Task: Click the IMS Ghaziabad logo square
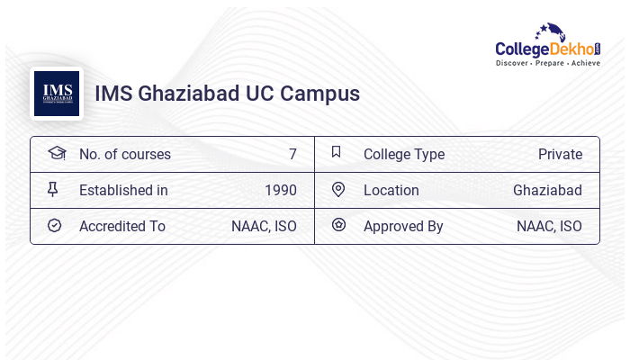click(57, 94)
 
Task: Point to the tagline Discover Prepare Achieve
click(547, 64)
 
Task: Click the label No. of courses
click(124, 154)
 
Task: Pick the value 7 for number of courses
click(292, 154)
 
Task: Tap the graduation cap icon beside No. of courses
click(56, 153)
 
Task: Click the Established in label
click(123, 190)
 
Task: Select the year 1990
click(280, 190)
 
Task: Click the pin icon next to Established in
click(53, 189)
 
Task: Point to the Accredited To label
click(121, 226)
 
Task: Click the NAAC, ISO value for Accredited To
click(264, 226)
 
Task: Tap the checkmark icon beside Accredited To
click(54, 225)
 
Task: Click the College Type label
click(403, 154)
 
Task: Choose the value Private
click(560, 154)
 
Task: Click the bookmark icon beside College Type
click(336, 152)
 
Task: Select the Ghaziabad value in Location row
click(547, 190)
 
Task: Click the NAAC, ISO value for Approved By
click(549, 226)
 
